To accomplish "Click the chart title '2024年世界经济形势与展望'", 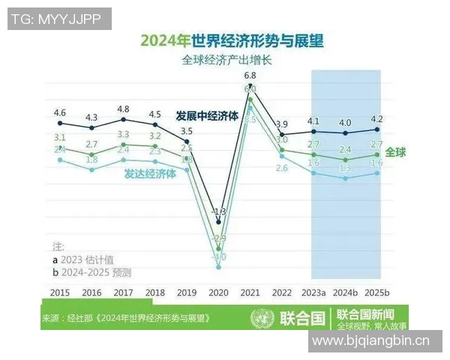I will [226, 40].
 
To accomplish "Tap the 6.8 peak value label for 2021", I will [250, 76].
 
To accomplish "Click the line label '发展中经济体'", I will [207, 117].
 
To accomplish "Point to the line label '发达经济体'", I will [150, 172].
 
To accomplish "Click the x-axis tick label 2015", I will [61, 292].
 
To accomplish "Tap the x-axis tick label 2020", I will [217, 292].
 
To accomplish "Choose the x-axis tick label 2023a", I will [313, 292].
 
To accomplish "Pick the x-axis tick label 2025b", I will [377, 292].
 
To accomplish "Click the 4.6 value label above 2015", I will [60, 113].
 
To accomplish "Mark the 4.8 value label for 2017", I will [123, 109].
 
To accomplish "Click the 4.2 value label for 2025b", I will [377, 118].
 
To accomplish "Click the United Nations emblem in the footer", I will [263, 317].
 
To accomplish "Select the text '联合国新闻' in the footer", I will [365, 313].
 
